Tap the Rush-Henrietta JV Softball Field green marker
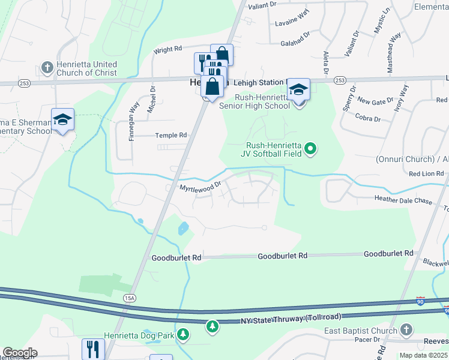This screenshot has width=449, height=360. [310, 148]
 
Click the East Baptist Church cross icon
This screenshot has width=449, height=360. [406, 329]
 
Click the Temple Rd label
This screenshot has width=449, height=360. [171, 136]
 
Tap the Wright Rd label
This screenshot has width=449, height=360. [167, 50]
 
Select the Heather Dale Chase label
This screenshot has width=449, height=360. [403, 200]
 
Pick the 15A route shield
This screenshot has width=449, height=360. [128, 297]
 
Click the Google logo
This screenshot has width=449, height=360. [20, 353]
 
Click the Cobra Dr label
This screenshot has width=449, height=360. [368, 118]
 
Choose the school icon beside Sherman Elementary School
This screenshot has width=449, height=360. [63, 119]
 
